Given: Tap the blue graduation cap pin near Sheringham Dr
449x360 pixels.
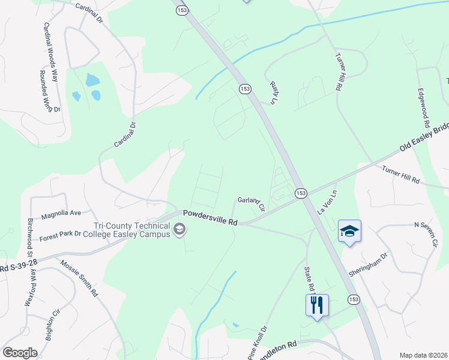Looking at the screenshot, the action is point(349,231).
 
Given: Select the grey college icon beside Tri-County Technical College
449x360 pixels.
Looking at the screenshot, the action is point(179,229).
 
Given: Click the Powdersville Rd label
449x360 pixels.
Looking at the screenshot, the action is point(210,217).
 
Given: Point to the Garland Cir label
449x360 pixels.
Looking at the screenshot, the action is point(251,202).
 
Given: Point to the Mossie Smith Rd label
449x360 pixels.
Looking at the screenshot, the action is point(79,278).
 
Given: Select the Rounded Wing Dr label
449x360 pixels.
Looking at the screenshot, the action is point(50,92).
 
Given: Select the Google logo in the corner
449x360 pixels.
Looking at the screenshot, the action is point(20,353).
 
